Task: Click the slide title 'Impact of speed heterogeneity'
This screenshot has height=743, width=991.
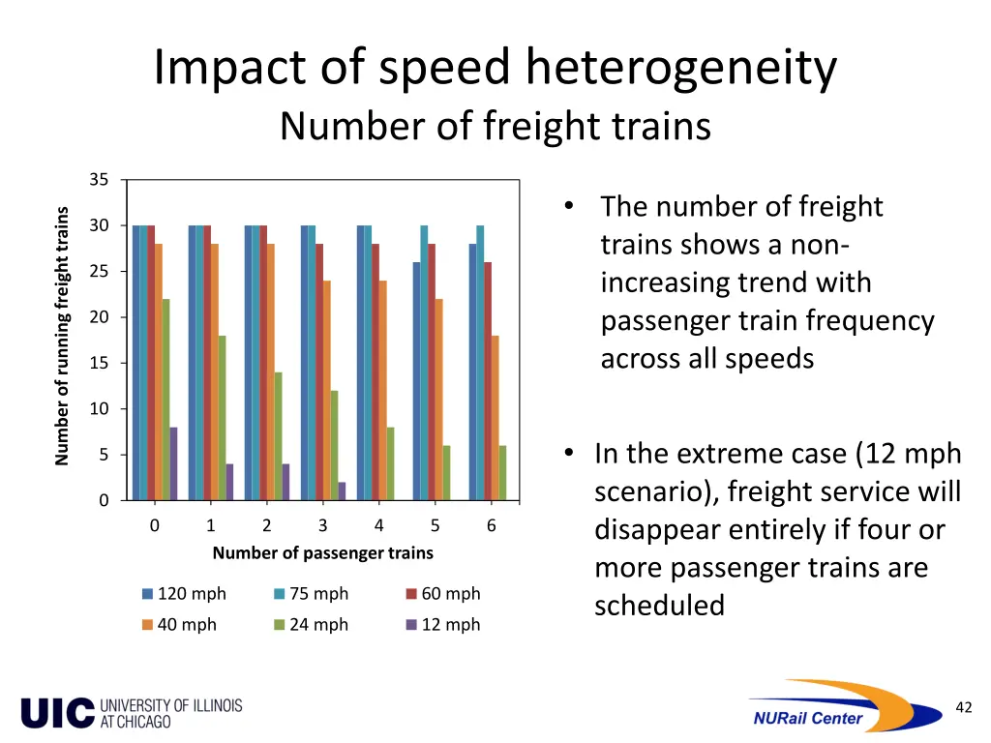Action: [495, 70]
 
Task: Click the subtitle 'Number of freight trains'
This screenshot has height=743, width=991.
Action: [495, 127]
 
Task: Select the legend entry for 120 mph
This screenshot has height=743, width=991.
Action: [183, 594]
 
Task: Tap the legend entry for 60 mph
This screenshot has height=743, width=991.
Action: [442, 594]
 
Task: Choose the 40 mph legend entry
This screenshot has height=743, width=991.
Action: [179, 625]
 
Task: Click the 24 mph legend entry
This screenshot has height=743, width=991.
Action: [311, 625]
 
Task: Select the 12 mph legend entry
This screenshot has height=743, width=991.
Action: [442, 625]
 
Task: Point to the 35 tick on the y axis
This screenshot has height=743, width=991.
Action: [99, 180]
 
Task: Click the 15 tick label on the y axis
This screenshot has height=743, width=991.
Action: [99, 363]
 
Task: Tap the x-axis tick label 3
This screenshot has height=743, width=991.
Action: [322, 526]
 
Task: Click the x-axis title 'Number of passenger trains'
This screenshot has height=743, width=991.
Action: [322, 553]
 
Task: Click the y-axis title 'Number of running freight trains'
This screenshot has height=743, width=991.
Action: [62, 337]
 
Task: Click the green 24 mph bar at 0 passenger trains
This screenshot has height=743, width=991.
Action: [166, 400]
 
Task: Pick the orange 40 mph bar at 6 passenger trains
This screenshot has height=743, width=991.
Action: [495, 418]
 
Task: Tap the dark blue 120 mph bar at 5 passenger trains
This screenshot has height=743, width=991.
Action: [417, 381]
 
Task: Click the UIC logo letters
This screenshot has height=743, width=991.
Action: [58, 713]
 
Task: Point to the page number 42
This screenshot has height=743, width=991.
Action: [963, 708]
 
